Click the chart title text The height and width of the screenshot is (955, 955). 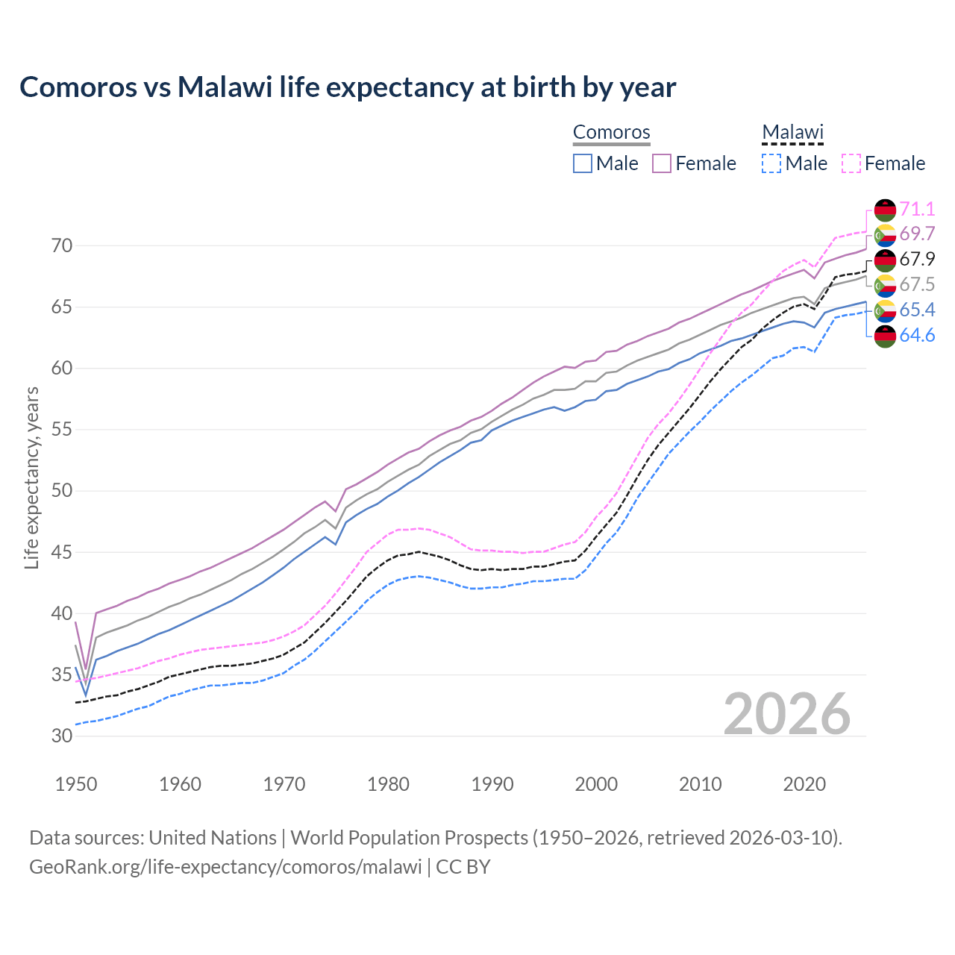(x=348, y=87)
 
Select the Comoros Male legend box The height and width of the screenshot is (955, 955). (x=583, y=163)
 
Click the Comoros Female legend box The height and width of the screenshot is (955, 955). (x=662, y=163)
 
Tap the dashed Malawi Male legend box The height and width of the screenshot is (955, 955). (x=771, y=163)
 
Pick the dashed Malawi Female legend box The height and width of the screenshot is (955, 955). (x=851, y=163)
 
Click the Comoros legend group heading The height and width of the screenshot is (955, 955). (x=612, y=132)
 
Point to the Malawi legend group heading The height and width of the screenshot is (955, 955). (x=792, y=132)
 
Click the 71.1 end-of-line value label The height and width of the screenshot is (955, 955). (x=917, y=209)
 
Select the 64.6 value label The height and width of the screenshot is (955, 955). (x=917, y=336)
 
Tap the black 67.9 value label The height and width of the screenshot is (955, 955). (x=917, y=260)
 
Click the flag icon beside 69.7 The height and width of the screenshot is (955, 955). (x=885, y=235)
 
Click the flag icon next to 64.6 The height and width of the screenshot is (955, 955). (x=885, y=336)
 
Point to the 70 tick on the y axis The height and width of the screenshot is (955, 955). (x=62, y=245)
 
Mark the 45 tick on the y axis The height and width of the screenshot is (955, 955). (x=62, y=553)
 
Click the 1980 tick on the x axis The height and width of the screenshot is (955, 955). (x=388, y=784)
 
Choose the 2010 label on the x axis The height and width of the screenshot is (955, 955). (x=700, y=784)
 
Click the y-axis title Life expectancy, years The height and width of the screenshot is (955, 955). (x=31, y=477)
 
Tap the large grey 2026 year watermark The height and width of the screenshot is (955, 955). (x=787, y=714)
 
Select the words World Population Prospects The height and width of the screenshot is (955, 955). (x=409, y=838)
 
